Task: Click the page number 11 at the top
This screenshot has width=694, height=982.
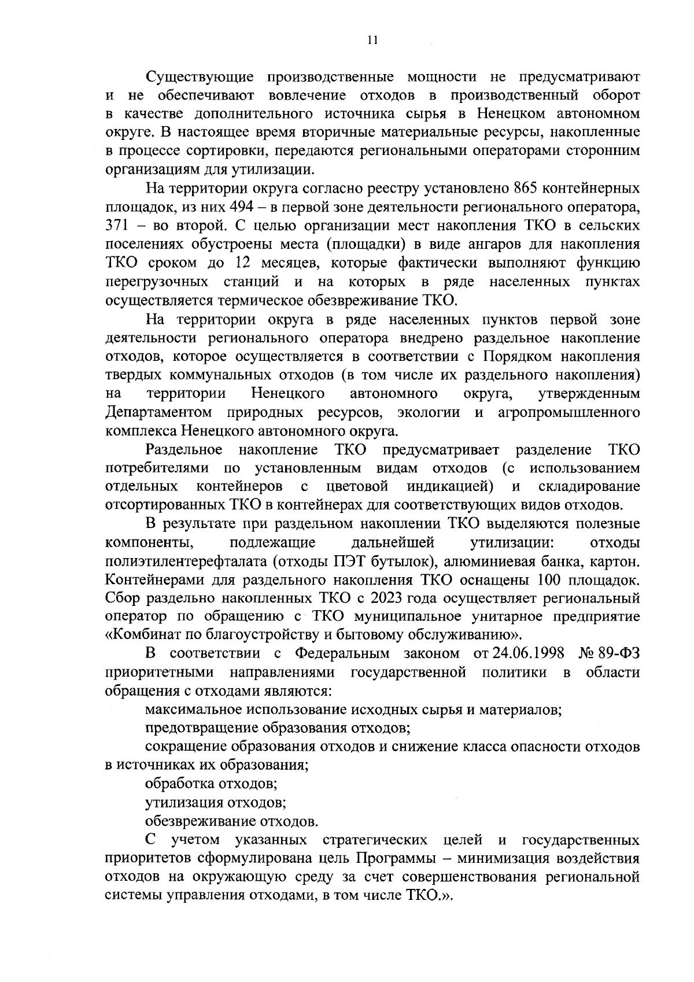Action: coord(372,40)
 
